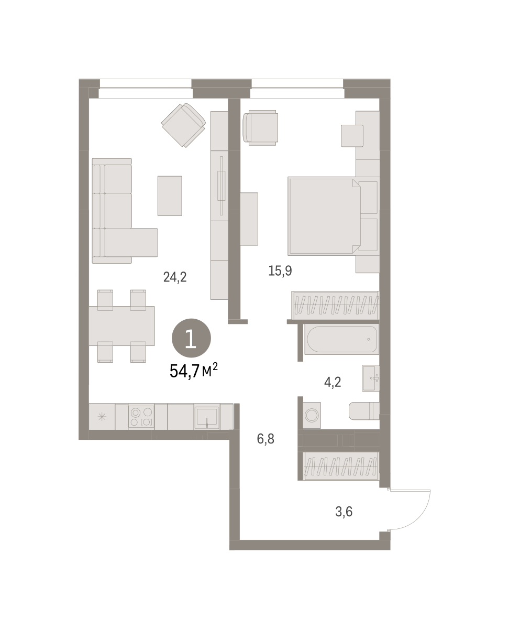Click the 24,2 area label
point(175,277)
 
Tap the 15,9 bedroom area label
point(280,271)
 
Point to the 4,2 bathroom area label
point(333,382)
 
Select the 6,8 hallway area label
point(265,439)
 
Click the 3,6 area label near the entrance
point(344,512)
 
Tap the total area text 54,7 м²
point(194,371)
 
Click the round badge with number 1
point(191,339)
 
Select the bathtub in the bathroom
point(342,339)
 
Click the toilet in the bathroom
point(364,411)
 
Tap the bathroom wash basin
point(371,378)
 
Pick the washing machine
point(312,415)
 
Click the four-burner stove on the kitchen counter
point(141,416)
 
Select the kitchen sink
point(207,417)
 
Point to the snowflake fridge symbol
point(102,417)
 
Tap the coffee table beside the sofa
point(170,196)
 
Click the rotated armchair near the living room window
point(183,125)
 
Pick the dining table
point(121,326)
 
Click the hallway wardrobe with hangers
point(341,467)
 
